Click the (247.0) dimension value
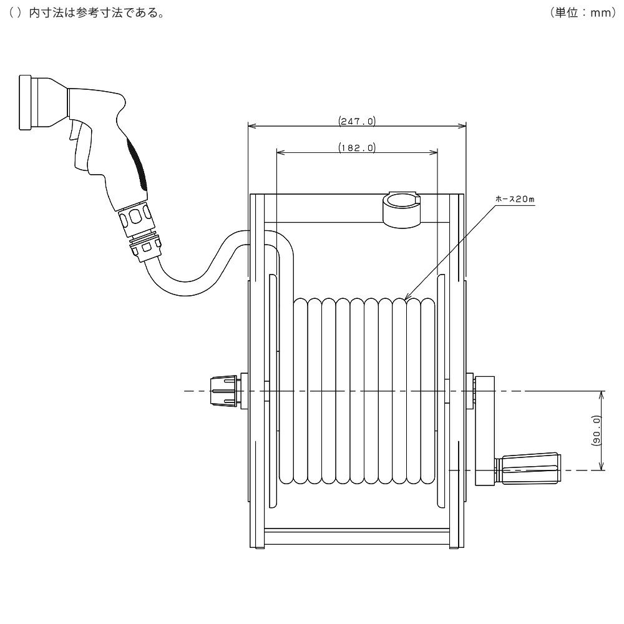click(357, 121)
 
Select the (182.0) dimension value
click(357, 148)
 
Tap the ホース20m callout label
click(515, 199)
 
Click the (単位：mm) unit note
click(583, 12)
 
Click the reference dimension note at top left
click(87, 12)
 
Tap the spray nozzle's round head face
click(25, 102)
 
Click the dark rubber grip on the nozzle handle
click(138, 164)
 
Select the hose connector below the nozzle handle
click(140, 231)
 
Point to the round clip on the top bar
click(402, 209)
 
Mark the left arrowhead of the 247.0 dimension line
click(251, 126)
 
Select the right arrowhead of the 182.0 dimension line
click(434, 152)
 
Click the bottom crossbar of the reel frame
click(357, 537)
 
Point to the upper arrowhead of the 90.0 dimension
click(602, 395)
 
